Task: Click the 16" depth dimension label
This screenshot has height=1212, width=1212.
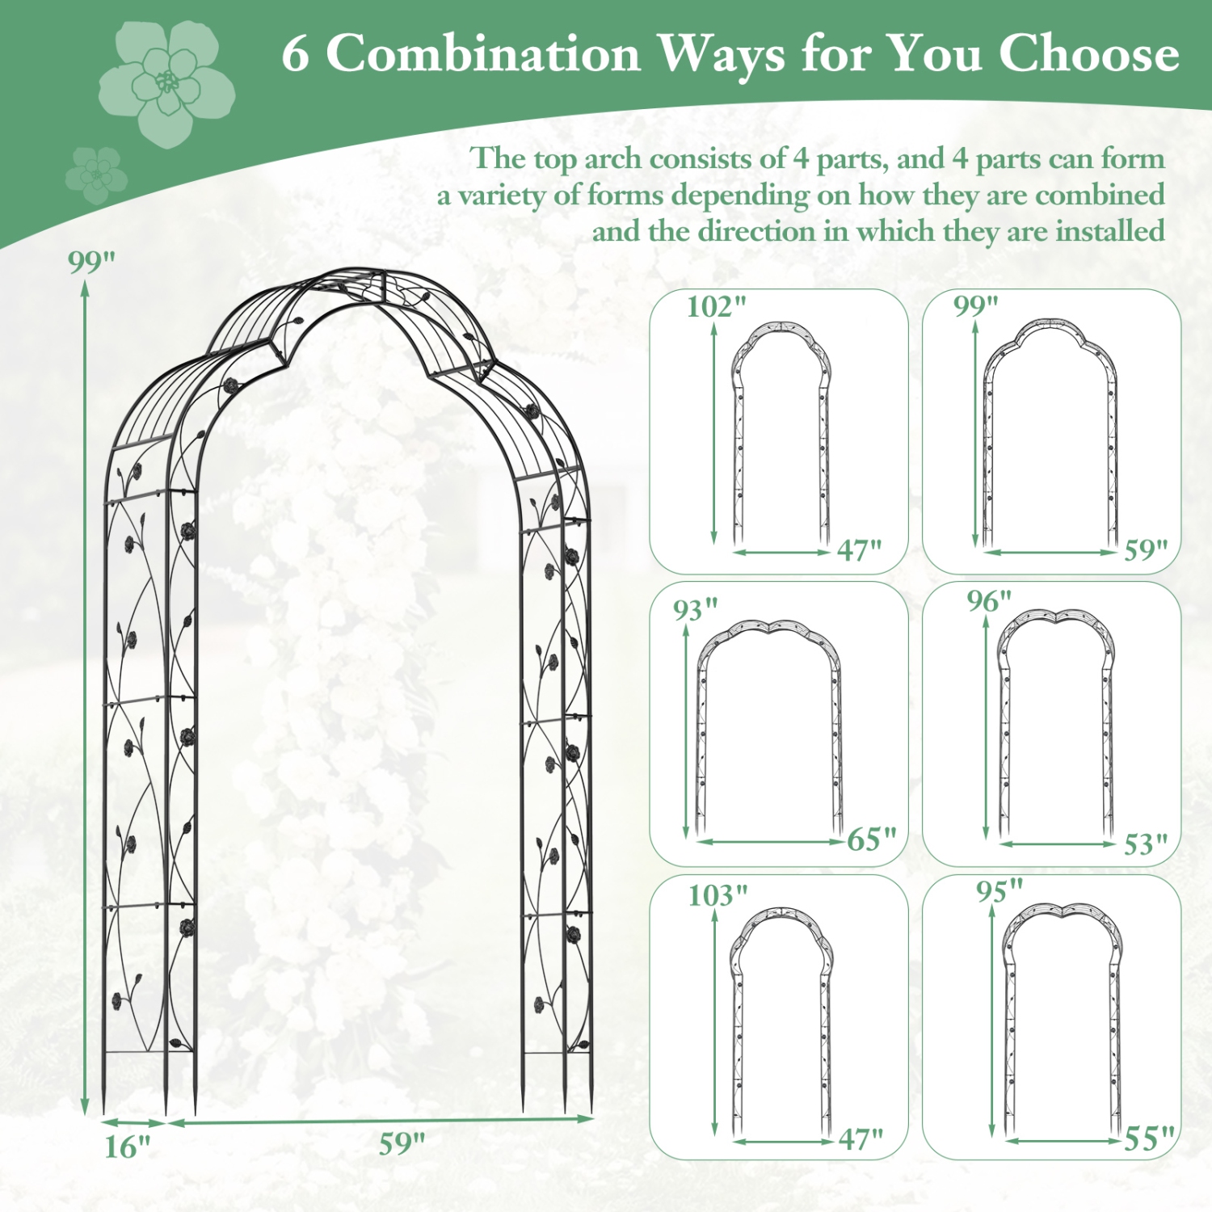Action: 127,1147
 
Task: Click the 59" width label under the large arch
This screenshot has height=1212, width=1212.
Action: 402,1143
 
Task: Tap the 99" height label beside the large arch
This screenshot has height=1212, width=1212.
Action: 91,262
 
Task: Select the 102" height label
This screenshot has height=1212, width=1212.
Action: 716,307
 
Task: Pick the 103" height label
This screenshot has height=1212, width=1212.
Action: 718,895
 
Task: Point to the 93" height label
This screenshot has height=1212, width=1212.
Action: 696,609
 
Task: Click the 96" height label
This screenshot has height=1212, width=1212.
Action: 989,601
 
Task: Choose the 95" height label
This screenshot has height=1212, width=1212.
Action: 999,890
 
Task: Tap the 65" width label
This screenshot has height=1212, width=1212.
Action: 872,840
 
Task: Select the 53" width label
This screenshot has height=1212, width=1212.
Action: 1146,844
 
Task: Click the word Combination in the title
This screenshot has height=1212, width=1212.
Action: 483,55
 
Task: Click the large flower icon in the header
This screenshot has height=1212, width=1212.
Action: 167,82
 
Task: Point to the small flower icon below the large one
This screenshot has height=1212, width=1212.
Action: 96,174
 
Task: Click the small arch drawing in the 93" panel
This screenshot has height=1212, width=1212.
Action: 768,727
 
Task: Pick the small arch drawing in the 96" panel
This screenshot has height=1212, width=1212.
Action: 1055,723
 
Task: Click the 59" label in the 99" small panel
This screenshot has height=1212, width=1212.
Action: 1146,550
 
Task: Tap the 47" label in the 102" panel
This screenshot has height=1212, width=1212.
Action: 859,550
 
